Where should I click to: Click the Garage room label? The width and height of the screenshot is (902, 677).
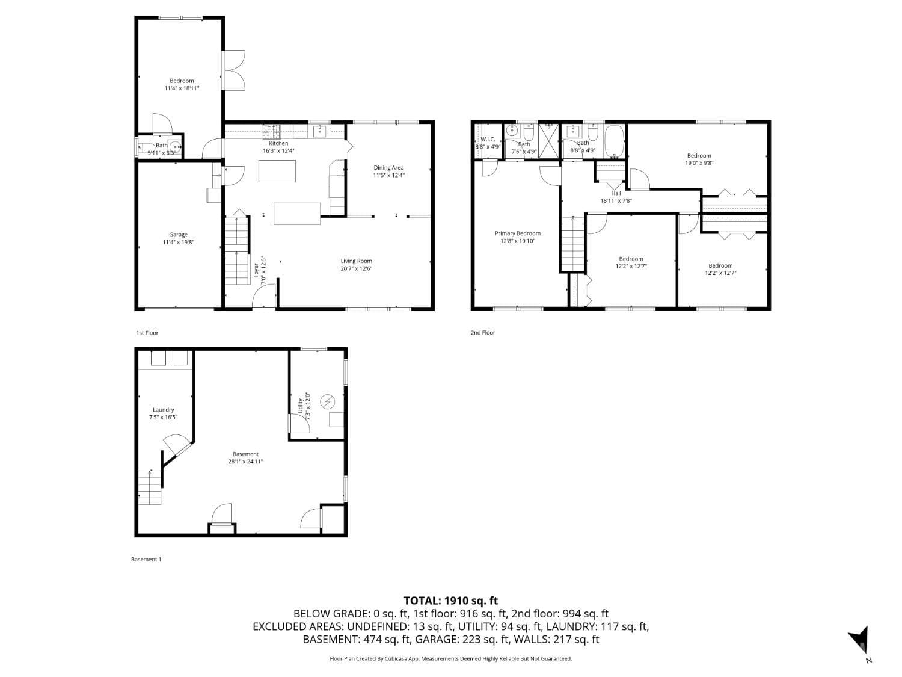pos(178,235)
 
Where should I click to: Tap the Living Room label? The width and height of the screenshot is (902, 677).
pos(356,261)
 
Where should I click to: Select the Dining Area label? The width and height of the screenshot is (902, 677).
pos(388,168)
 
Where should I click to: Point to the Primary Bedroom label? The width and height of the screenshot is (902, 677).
pos(517,233)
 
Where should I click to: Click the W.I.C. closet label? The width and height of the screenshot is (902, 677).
pos(488,140)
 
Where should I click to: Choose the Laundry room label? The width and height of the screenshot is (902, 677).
pos(163,410)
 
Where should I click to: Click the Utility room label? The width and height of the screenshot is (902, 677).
pos(300,405)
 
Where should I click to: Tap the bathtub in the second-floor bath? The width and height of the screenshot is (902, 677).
pos(614,140)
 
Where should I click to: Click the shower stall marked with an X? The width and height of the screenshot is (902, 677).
pos(548,140)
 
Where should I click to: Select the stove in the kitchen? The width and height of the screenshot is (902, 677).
pos(271,128)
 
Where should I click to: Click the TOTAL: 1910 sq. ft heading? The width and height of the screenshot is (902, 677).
pos(450,601)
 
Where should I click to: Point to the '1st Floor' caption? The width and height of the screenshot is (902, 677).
pos(147,333)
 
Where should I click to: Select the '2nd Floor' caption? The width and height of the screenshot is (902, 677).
pos(483,333)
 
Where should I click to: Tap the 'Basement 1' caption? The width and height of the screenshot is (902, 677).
pos(146,560)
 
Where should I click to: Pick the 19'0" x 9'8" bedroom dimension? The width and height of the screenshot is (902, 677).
pos(699,162)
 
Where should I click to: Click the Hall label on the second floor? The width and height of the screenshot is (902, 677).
pos(616,193)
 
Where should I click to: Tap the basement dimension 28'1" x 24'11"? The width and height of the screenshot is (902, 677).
pos(245,462)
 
